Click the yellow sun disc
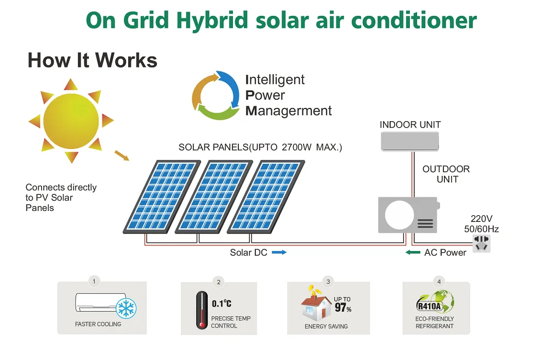coord(71,120)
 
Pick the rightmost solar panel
coord(266,196)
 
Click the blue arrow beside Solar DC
coord(279,253)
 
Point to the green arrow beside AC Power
coord(413,253)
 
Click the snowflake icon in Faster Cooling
coord(125,308)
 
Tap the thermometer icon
coord(202,310)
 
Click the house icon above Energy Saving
coord(316,308)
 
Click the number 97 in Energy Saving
coord(340,308)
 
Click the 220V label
coord(481,219)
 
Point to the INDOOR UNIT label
coord(410,125)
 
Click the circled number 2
coord(219,282)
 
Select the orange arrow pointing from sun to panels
coord(122,156)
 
